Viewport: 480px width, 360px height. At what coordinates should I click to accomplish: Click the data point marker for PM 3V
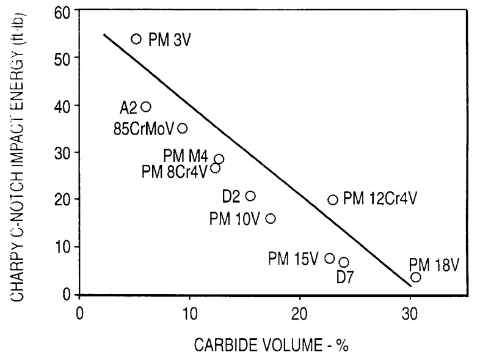[136, 39]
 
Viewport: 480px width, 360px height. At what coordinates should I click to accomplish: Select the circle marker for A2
[146, 107]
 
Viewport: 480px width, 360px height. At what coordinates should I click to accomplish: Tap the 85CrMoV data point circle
[182, 128]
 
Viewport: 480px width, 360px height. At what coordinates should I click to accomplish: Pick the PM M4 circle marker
[219, 160]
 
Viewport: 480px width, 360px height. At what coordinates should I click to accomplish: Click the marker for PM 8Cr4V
[215, 168]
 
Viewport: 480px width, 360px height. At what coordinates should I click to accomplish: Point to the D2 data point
[250, 196]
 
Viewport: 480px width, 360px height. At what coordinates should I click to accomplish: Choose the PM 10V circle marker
[271, 219]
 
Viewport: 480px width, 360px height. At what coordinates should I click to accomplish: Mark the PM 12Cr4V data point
[333, 200]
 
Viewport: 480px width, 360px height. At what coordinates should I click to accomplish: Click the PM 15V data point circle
[330, 259]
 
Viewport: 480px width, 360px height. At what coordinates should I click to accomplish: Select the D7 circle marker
[344, 262]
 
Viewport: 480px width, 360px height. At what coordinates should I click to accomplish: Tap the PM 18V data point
[416, 277]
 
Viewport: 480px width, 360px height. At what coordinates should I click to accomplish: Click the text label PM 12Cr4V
[380, 199]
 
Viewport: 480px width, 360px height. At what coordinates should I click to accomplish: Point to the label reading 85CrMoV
[144, 129]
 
